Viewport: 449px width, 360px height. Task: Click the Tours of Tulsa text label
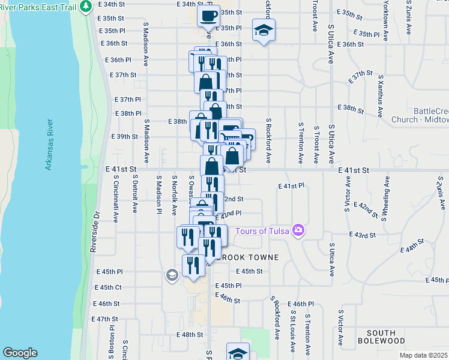262,231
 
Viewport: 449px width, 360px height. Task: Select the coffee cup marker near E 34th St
208,16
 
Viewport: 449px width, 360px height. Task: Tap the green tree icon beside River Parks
86,5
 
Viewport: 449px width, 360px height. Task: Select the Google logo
20,352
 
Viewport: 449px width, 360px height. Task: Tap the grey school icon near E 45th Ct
172,275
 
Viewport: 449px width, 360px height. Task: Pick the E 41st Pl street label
292,186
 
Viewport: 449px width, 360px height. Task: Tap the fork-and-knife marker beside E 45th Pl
193,266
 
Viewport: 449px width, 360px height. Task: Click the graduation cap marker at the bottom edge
238,353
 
